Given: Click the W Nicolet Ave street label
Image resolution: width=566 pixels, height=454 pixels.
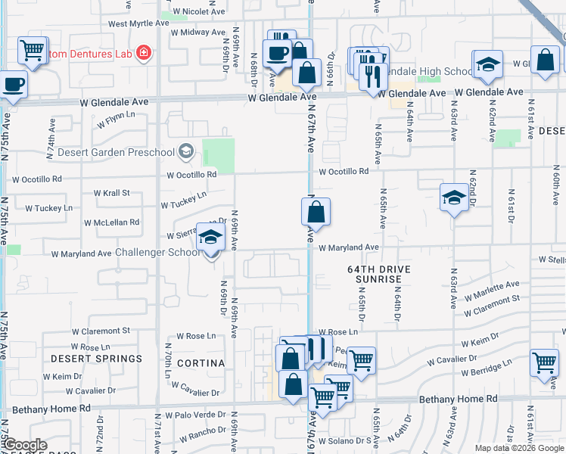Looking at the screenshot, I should pyautogui.click(x=199, y=12).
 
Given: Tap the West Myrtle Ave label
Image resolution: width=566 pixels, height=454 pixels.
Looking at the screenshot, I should pyautogui.click(x=138, y=23).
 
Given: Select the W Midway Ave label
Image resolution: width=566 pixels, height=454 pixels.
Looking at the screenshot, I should pyautogui.click(x=199, y=33).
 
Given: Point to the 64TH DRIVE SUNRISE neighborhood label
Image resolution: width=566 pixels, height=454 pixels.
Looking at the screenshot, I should pyautogui.click(x=379, y=274).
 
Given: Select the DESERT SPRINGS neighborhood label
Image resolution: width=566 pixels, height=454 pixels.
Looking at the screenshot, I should pyautogui.click(x=96, y=358).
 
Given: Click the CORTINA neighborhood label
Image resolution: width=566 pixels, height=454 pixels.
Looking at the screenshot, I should pyautogui.click(x=201, y=363).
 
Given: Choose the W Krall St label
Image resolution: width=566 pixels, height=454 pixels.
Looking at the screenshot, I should pyautogui.click(x=112, y=193).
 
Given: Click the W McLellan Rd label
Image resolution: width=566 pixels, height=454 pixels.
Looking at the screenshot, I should pyautogui.click(x=111, y=222).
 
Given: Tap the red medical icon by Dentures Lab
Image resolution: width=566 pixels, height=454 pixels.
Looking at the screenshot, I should pyautogui.click(x=142, y=53).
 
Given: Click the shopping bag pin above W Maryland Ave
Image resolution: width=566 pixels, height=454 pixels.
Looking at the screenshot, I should pyautogui.click(x=316, y=213).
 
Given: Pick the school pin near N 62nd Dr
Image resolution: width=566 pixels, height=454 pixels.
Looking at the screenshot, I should pyautogui.click(x=453, y=198).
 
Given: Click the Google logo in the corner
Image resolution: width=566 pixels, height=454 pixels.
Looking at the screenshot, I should pyautogui.click(x=25, y=445).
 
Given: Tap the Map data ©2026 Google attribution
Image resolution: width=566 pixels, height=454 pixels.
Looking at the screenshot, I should pyautogui.click(x=519, y=448).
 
